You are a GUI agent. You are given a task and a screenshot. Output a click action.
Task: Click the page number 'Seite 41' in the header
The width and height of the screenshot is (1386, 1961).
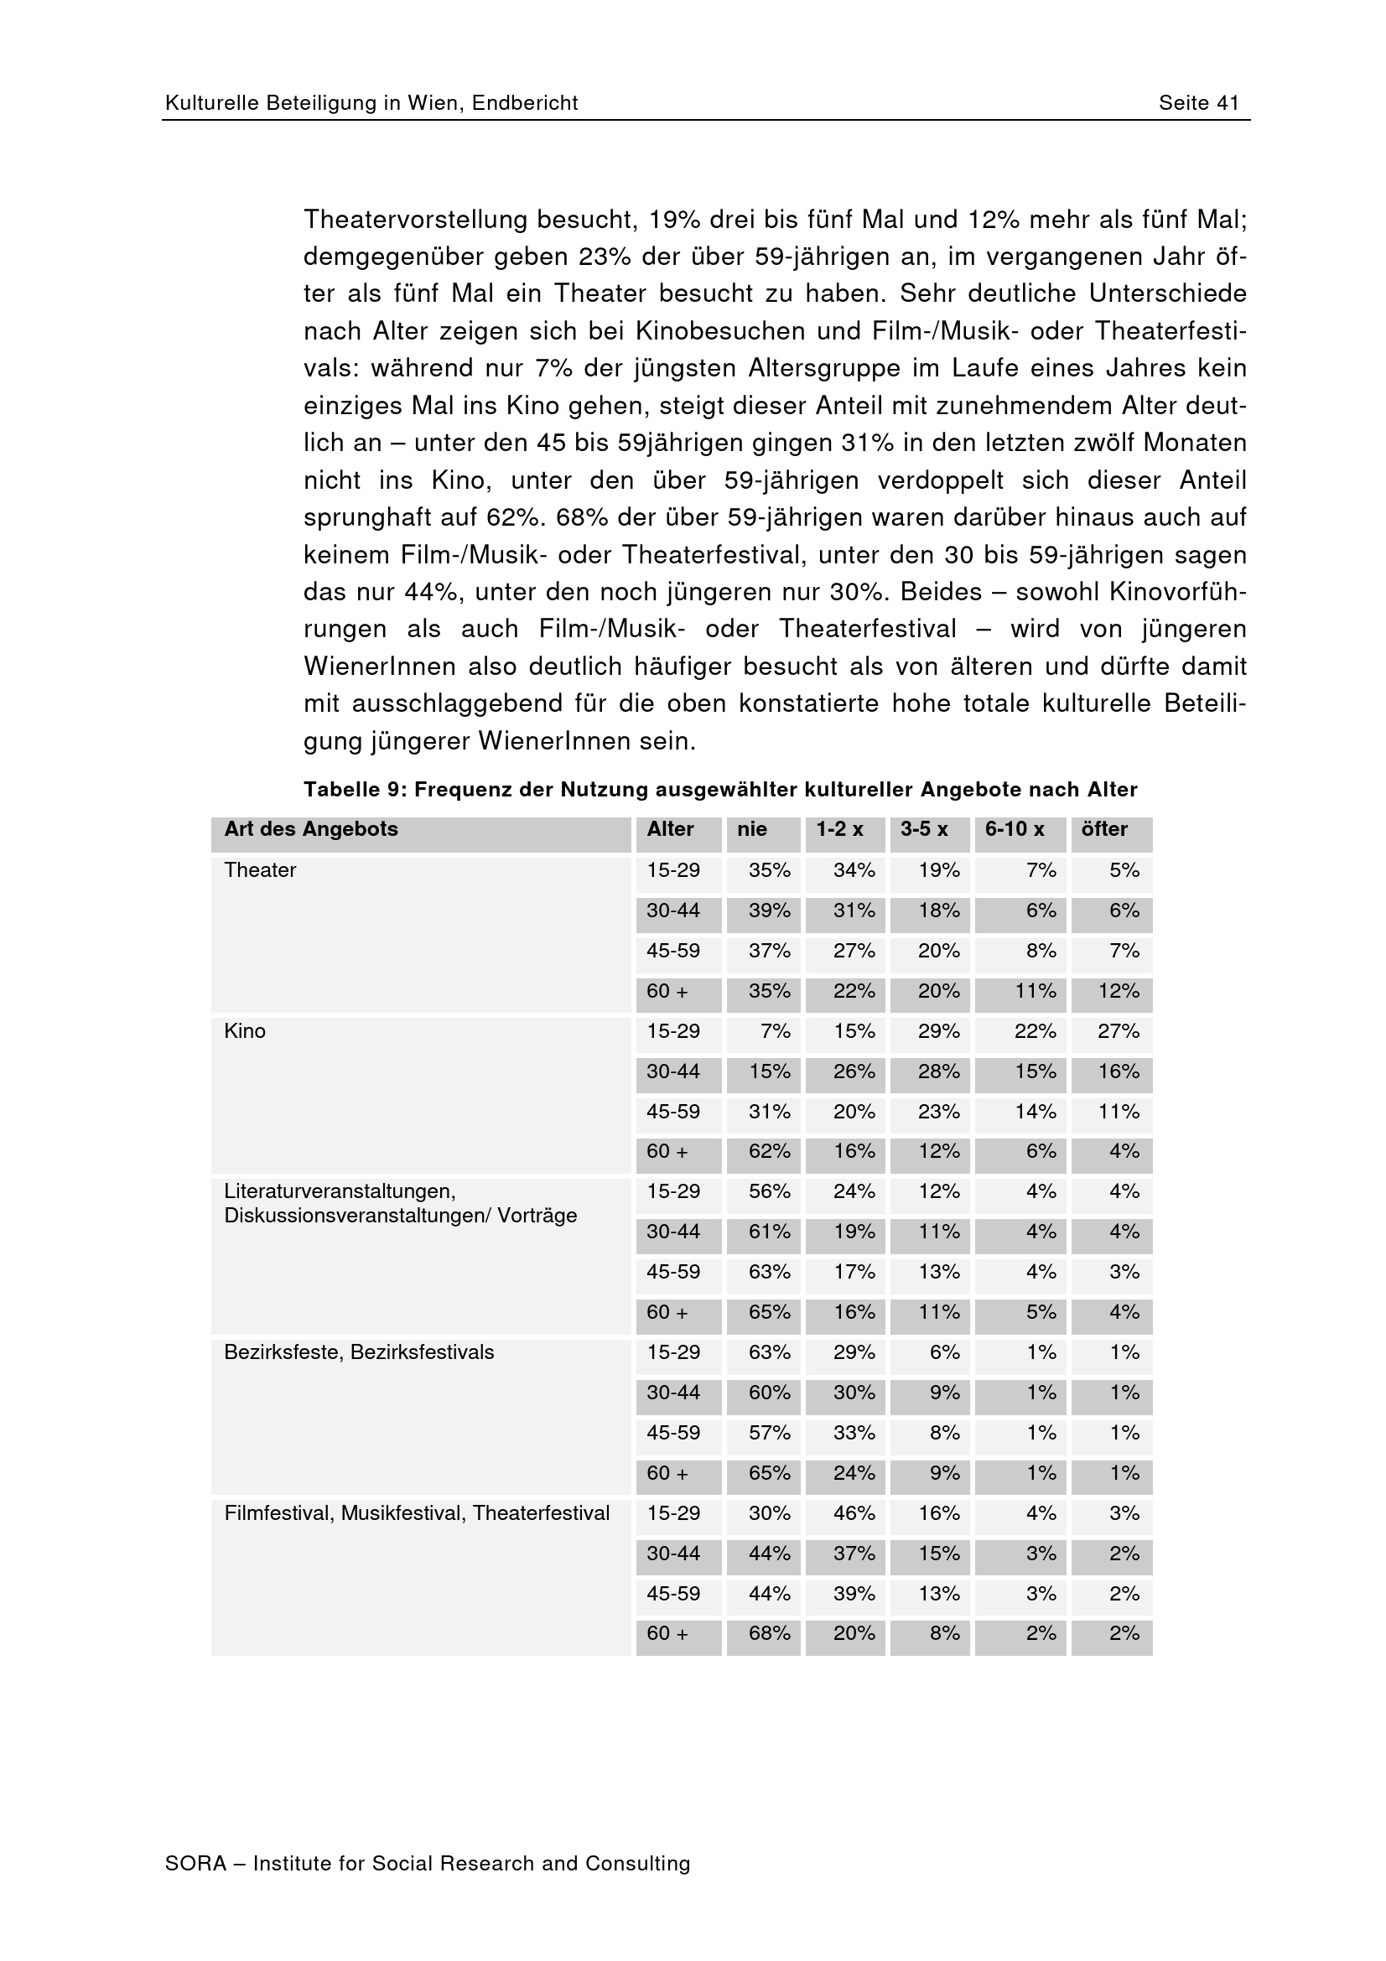tap(1198, 103)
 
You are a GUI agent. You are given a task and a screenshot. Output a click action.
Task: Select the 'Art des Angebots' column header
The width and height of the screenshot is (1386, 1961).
tap(311, 829)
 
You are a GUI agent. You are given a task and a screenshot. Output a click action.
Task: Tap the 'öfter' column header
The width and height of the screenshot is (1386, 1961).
tap(1104, 829)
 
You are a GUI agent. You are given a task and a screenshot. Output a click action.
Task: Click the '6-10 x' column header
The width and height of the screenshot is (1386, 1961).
tap(1015, 829)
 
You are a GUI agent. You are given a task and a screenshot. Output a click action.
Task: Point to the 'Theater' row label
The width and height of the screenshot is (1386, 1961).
tap(260, 870)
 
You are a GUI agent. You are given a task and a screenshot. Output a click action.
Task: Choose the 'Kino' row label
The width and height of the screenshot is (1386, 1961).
tap(244, 1031)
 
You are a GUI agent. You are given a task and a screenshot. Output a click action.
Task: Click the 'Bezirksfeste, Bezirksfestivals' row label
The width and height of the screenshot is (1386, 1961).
tap(359, 1352)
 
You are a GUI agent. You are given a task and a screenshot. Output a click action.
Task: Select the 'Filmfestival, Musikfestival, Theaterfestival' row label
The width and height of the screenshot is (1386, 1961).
tap(417, 1513)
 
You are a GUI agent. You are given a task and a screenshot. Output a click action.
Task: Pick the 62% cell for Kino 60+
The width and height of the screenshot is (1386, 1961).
tap(770, 1151)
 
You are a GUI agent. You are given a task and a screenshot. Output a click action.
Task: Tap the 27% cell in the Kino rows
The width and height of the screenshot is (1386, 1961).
tap(1118, 1031)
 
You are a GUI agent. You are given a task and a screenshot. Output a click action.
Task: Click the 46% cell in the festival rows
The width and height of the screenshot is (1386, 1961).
tap(854, 1513)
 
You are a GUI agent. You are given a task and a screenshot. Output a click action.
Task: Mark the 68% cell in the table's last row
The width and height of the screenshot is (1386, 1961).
tap(770, 1634)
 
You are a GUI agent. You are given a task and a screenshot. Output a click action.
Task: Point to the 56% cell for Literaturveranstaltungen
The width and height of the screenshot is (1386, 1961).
tap(770, 1191)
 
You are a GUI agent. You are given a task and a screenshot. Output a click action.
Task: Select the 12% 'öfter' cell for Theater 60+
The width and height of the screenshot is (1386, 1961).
tap(1118, 991)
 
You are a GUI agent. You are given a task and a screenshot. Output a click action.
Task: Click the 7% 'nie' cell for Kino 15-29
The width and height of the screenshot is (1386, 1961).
tap(775, 1031)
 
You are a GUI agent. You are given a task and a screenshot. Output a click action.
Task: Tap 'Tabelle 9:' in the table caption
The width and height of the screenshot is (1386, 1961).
tap(356, 790)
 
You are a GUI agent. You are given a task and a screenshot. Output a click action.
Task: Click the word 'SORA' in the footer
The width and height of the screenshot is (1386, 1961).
tap(195, 1864)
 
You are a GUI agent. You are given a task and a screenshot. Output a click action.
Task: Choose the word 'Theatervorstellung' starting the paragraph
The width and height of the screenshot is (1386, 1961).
tap(416, 220)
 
